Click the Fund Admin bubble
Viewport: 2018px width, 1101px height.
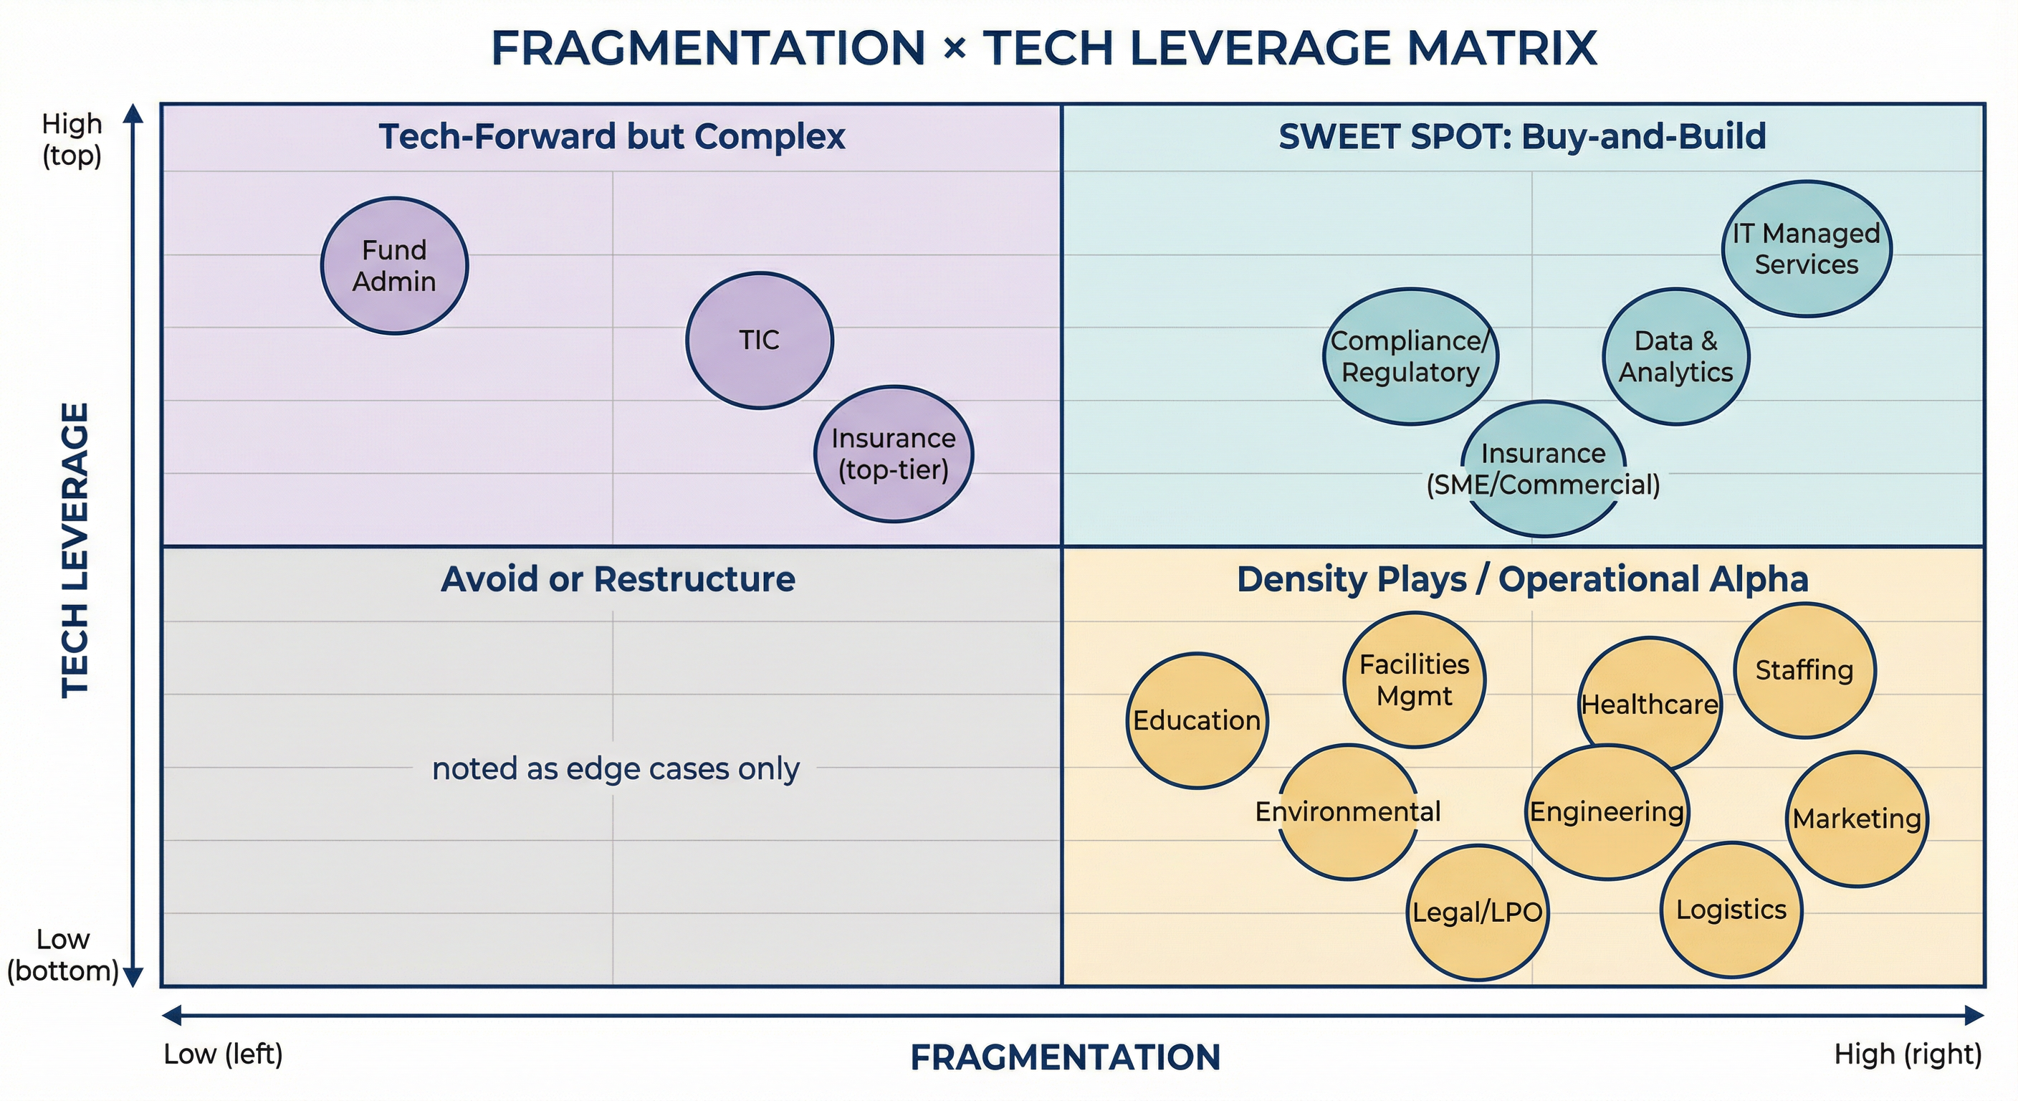pyautogui.click(x=394, y=266)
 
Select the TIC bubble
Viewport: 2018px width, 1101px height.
pyautogui.click(x=759, y=340)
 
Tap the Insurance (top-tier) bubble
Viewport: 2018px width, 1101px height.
pyautogui.click(x=893, y=454)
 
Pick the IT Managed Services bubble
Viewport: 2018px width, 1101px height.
pyautogui.click(x=1806, y=249)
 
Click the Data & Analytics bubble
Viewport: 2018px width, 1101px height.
pyautogui.click(x=1675, y=356)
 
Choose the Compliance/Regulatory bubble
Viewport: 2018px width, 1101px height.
pyautogui.click(x=1410, y=356)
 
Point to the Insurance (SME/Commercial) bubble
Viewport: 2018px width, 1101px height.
pyautogui.click(x=1544, y=469)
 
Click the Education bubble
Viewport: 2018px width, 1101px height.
pyautogui.click(x=1196, y=720)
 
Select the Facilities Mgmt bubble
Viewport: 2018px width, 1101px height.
pyautogui.click(x=1414, y=680)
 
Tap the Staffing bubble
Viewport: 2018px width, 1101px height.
pyautogui.click(x=1804, y=670)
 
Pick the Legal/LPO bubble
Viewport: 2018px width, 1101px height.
pyautogui.click(x=1477, y=912)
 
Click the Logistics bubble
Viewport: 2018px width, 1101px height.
pyautogui.click(x=1731, y=910)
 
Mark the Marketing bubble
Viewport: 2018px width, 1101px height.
pyautogui.click(x=1857, y=819)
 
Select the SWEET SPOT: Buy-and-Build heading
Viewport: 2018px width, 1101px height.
pyautogui.click(x=1522, y=136)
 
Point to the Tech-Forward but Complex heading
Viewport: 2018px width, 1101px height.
pyautogui.click(x=612, y=136)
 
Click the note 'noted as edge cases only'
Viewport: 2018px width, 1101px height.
pyautogui.click(x=616, y=768)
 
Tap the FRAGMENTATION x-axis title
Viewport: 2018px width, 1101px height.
pyautogui.click(x=1066, y=1057)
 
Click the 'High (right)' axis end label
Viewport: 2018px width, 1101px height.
pyautogui.click(x=1908, y=1054)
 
